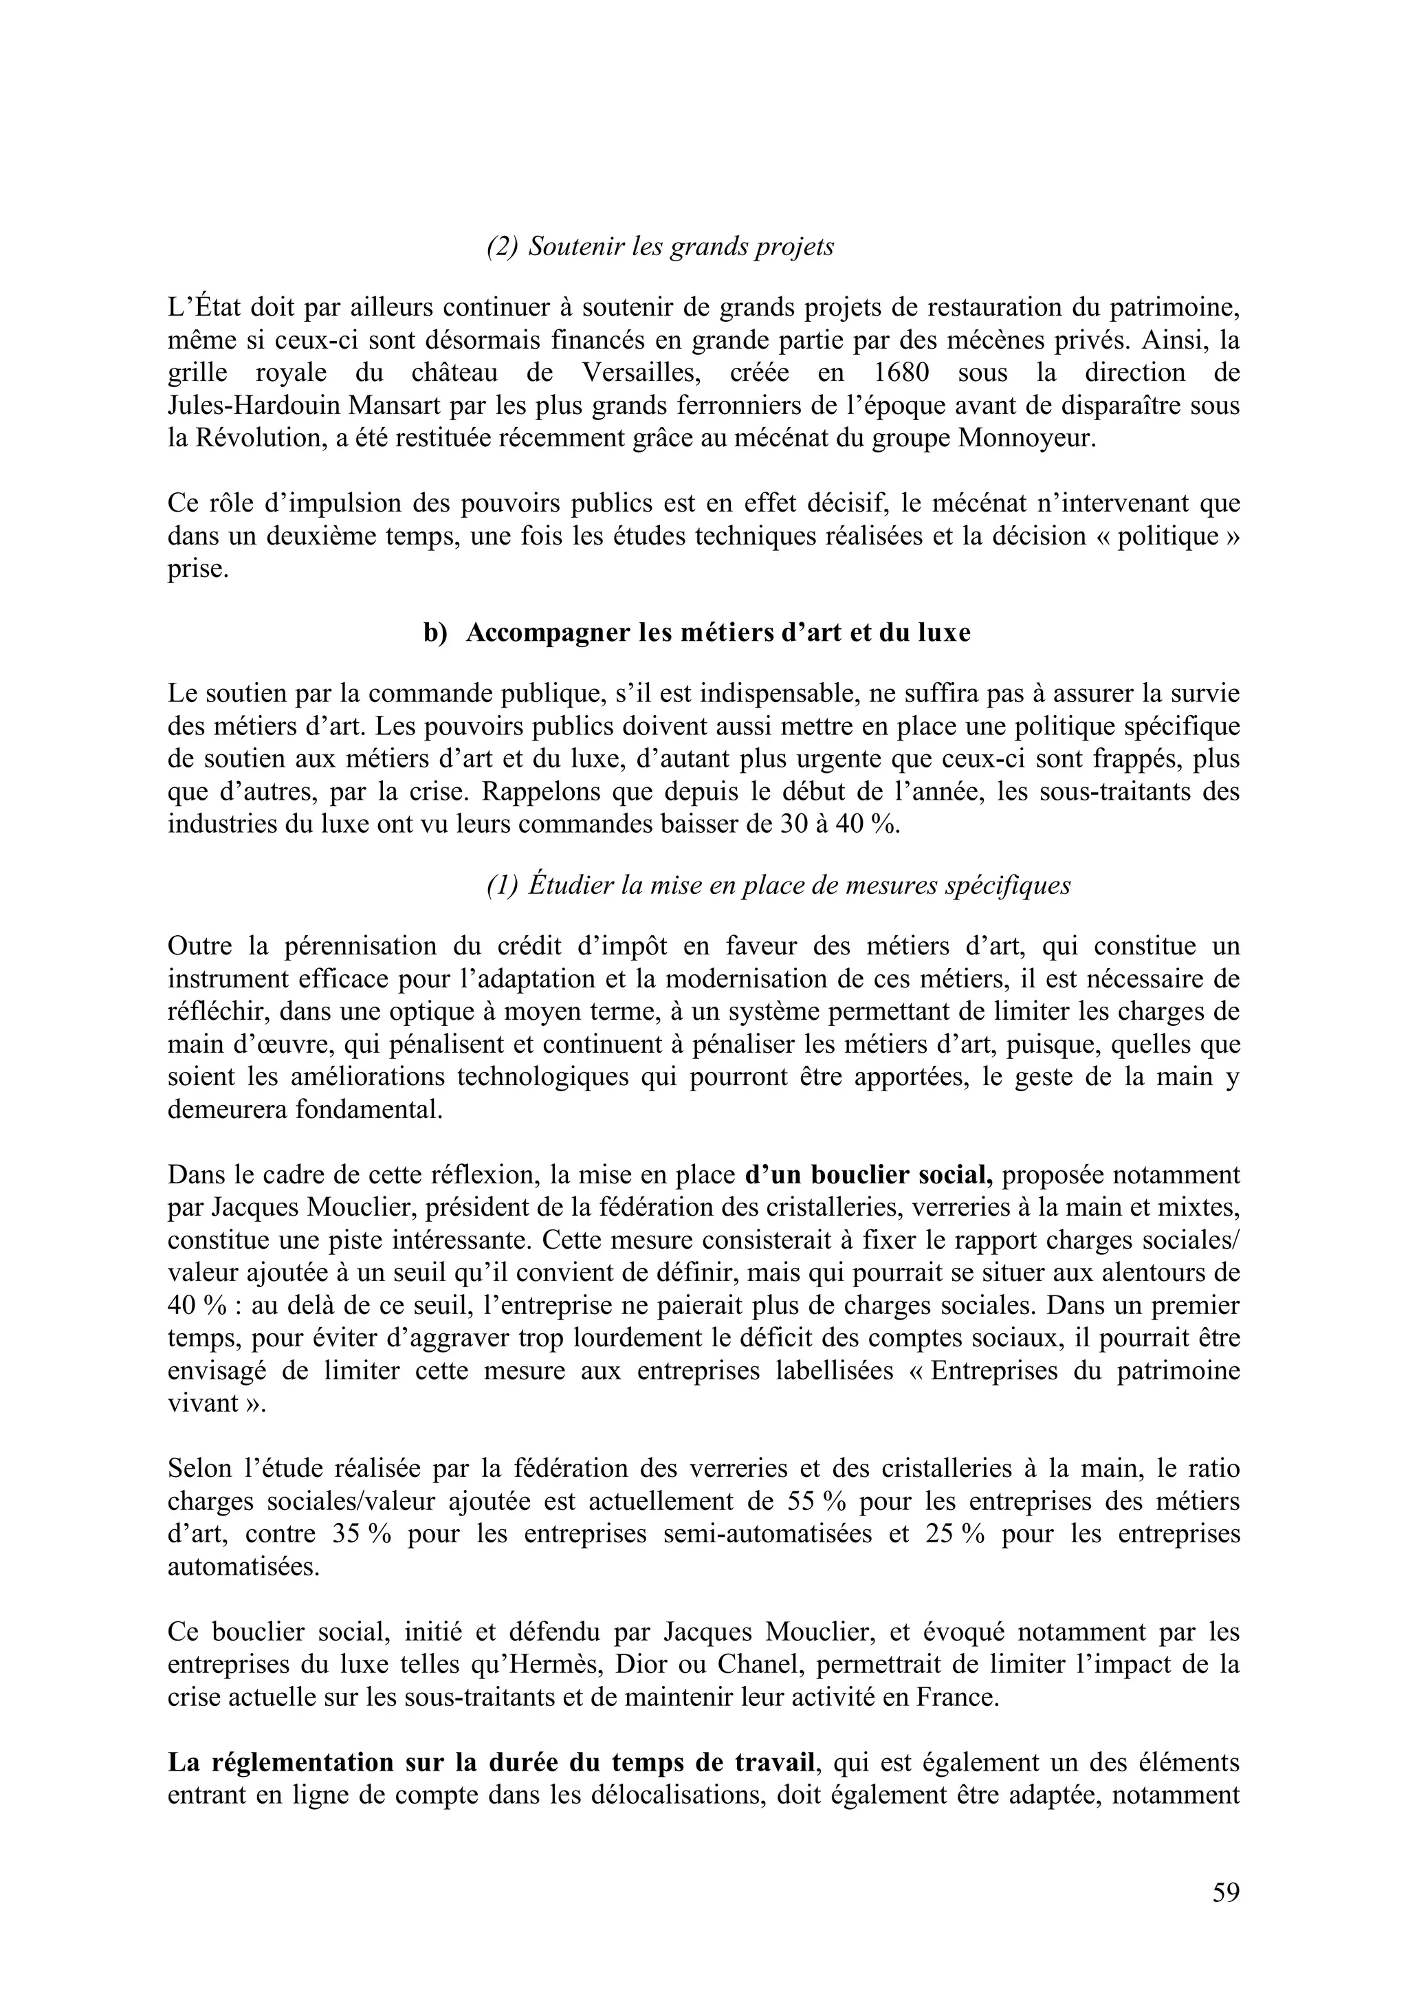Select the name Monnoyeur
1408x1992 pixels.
pyautogui.click(x=1027, y=438)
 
